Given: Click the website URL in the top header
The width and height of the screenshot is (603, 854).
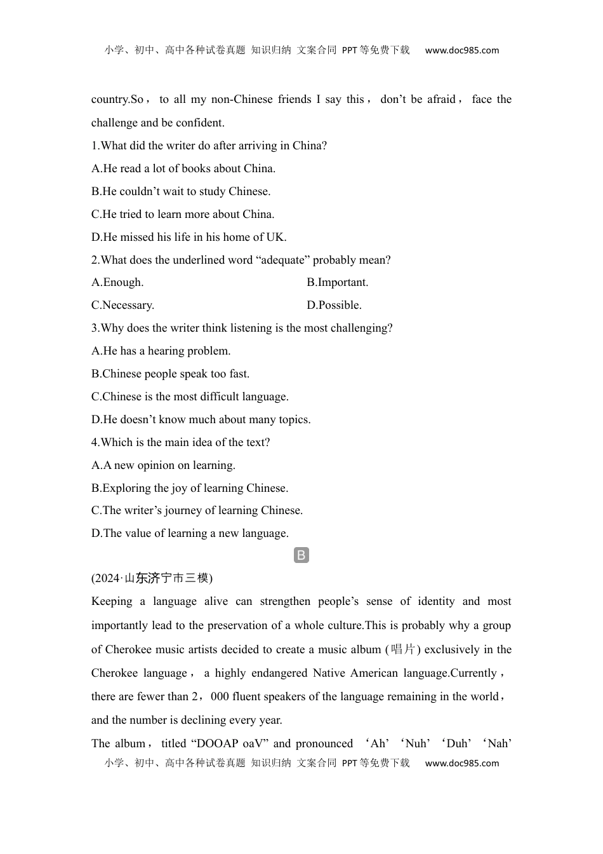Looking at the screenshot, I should pos(461,50).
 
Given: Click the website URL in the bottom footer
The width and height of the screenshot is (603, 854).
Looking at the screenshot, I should pos(461,763).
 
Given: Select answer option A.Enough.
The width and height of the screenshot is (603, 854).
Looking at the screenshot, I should pos(117,282).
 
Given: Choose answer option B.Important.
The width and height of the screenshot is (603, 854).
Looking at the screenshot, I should pos(337,282).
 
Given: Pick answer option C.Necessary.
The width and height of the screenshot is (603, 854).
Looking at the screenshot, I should pos(123,305).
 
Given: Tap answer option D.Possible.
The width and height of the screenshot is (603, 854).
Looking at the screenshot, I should pos(334,305).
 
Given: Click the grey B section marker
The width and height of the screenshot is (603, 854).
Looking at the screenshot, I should pos(301,555).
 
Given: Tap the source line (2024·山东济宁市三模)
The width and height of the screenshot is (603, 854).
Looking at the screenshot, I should pos(152,578).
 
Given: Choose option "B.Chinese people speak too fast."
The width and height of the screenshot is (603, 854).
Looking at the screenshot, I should pos(170,374).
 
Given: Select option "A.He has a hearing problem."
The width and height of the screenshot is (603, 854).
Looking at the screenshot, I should pos(161,351).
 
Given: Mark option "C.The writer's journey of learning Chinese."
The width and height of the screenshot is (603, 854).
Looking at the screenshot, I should pos(197,510).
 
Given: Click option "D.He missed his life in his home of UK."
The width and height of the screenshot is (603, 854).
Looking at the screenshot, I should pos(189,237).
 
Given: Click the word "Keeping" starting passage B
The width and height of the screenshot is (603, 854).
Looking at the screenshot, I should pos(112,601).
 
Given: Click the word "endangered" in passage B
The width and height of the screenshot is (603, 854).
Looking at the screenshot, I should pos(279,673).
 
